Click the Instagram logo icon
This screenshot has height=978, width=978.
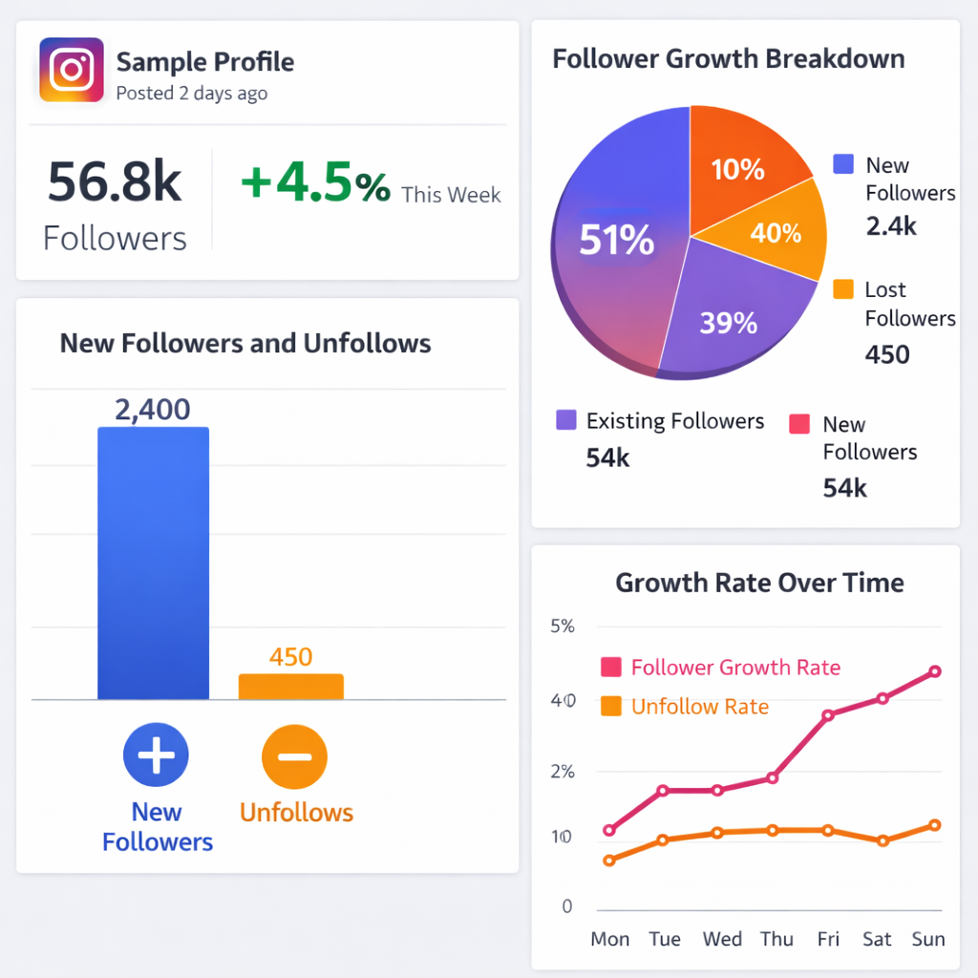tap(71, 70)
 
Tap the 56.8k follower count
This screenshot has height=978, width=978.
tap(114, 182)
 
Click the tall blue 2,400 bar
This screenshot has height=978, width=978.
tap(153, 563)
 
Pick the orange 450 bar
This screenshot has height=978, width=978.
tap(290, 687)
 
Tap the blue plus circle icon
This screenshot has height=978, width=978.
tap(156, 755)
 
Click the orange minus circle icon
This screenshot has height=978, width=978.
tap(295, 755)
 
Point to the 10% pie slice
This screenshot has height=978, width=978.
tap(737, 169)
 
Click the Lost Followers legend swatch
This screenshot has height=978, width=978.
tap(843, 289)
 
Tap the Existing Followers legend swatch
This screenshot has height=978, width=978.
tap(565, 420)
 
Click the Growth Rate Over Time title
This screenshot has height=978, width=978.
tap(759, 583)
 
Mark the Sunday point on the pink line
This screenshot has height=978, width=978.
tap(935, 671)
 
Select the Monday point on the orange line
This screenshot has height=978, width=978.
tap(609, 861)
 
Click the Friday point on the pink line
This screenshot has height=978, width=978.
tap(828, 714)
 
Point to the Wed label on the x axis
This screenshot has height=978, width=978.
tap(722, 939)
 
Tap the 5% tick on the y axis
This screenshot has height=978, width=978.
tap(563, 627)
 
